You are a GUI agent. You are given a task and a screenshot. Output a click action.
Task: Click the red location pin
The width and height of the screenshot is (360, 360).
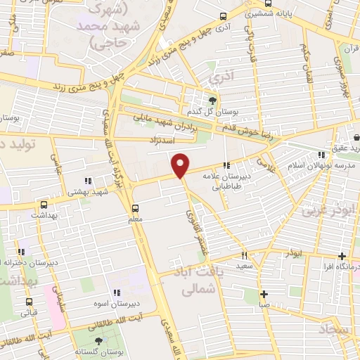(x=181, y=165)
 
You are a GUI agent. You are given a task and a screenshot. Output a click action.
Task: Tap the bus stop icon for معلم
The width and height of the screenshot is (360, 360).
(x=136, y=208)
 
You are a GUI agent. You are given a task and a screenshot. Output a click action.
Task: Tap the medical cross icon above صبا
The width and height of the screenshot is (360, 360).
(x=264, y=295)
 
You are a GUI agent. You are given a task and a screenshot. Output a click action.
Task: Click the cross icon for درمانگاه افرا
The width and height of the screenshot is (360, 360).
(x=342, y=256)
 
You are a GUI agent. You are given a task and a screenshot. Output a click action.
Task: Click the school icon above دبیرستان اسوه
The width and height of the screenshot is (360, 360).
(x=117, y=292)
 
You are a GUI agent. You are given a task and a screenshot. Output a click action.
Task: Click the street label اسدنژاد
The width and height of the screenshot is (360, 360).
(x=162, y=140)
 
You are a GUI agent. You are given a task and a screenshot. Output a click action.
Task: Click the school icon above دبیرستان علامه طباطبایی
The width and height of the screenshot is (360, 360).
(x=226, y=166)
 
